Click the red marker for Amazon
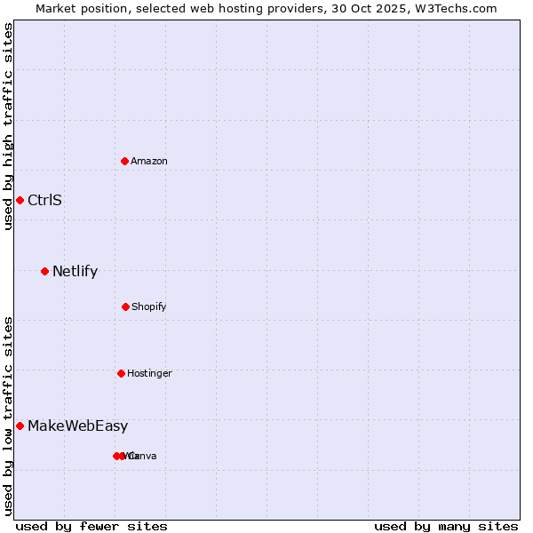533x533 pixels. coord(125,161)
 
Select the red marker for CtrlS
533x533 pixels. coord(20,200)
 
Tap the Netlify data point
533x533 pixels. coord(44,271)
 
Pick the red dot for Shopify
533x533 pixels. coord(125,306)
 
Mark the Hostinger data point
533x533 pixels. coord(121,373)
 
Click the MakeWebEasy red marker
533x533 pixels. coord(20,426)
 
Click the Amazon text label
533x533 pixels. coord(149,161)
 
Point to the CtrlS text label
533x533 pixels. coord(44,200)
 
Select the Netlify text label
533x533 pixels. coord(75,271)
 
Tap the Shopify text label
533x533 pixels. coord(149,306)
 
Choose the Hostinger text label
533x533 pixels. coord(149,373)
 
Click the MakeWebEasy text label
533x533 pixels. coord(77,426)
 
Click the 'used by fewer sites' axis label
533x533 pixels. coord(91,526)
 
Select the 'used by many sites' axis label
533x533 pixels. coord(446,526)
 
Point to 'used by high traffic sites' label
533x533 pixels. coord(9,126)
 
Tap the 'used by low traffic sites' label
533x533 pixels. coord(9,416)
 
